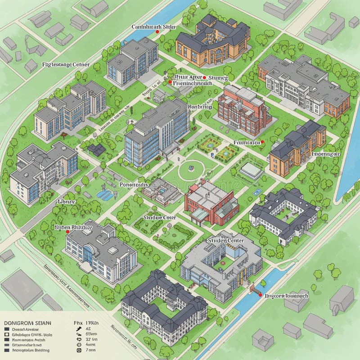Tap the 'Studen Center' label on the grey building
click(225, 240)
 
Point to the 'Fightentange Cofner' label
click(65, 65)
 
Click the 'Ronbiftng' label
click(199, 107)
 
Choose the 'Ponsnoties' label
click(134, 184)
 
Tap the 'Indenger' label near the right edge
click(326, 153)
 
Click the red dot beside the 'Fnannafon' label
click(262, 142)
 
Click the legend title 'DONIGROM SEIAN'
click(27, 323)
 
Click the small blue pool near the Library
click(104, 194)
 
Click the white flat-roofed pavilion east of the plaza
click(252, 171)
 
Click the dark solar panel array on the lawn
click(97, 150)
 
